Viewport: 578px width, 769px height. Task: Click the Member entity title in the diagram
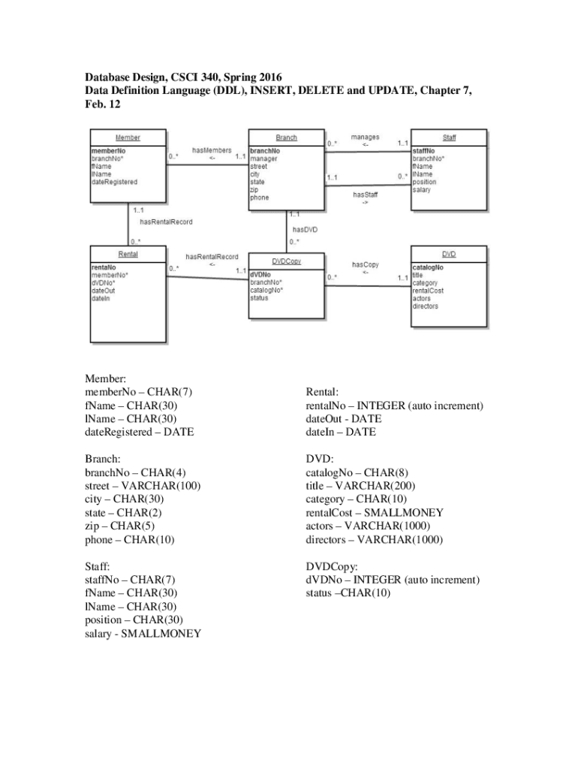[x=128, y=138]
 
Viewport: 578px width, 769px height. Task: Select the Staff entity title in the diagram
[x=449, y=138]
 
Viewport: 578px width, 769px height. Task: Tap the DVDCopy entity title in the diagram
[x=287, y=261]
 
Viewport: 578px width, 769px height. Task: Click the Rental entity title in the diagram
[x=128, y=255]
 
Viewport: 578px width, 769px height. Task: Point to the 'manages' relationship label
[x=366, y=137]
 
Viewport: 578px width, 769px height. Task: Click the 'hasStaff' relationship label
[x=366, y=195]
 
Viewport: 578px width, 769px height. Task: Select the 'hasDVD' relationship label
[x=306, y=230]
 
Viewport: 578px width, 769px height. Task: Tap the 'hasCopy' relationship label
[x=366, y=264]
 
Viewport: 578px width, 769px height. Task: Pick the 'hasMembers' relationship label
[x=212, y=150]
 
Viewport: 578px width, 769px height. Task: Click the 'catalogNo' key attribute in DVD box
[x=428, y=267]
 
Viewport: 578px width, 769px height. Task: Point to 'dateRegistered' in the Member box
[x=115, y=182]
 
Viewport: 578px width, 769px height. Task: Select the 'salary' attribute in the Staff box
[x=422, y=190]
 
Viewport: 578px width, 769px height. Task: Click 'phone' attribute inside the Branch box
[x=260, y=198]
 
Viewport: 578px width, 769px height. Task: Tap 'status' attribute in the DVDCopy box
[x=260, y=297]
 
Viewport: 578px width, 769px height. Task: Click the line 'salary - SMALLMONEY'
[x=143, y=634]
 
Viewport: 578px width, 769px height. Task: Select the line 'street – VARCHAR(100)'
[x=143, y=486]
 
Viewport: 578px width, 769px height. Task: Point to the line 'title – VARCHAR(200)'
[x=360, y=486]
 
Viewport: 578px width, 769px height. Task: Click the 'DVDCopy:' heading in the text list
[x=332, y=566]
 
